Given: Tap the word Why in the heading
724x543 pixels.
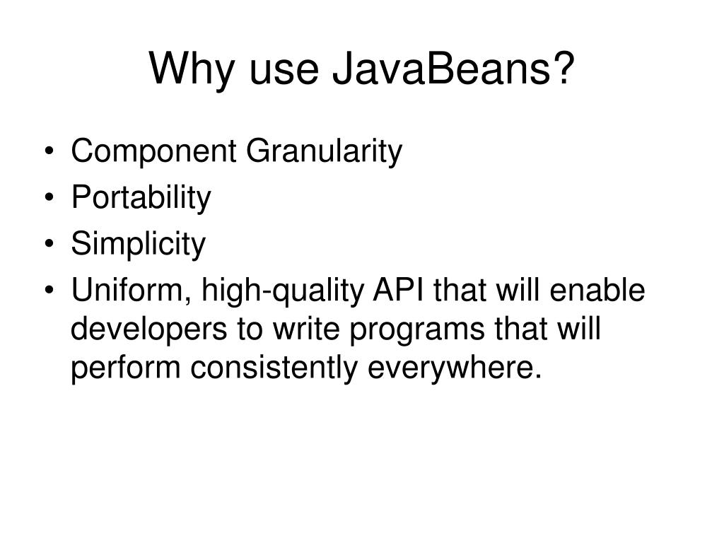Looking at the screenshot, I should coord(185,69).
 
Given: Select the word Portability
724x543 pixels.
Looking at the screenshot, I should coord(141,199).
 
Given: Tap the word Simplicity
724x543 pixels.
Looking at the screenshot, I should coord(139,245).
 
